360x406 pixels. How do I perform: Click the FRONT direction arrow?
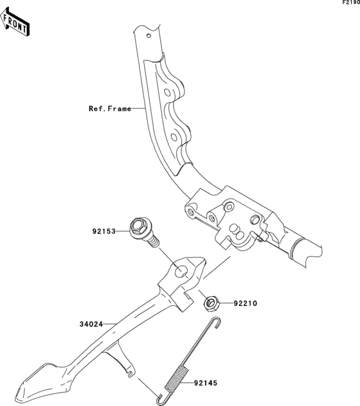[x=15, y=22]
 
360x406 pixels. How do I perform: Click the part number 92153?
[x=104, y=231]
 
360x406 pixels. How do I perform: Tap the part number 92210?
[x=245, y=303]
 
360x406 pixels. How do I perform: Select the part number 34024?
[x=91, y=324]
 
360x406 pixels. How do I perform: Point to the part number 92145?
[x=206, y=383]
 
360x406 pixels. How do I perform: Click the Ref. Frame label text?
[x=110, y=109]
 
